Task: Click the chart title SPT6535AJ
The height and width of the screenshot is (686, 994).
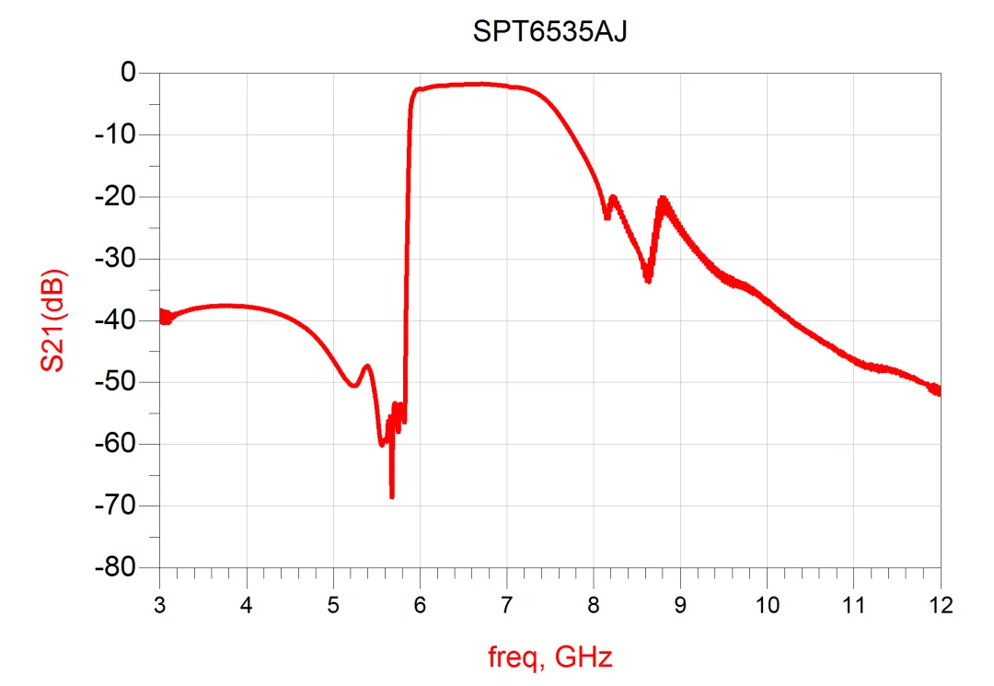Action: coord(549,32)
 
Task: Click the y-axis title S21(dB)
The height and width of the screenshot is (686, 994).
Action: coord(52,320)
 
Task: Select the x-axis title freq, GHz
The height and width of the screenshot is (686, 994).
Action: coord(549,657)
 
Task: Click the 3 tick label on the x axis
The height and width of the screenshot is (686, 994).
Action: coord(159,605)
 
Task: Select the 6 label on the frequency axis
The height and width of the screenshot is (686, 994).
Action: coord(420,605)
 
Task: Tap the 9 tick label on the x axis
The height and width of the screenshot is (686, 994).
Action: coord(680,605)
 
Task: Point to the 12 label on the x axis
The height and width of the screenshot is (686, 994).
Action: coord(940,605)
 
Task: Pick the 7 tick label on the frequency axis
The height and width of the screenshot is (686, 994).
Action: coord(506,605)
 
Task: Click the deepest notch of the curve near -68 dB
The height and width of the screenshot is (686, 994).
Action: coord(392,496)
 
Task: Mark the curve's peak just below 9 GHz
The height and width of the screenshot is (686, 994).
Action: coord(662,200)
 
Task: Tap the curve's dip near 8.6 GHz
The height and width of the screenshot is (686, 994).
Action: coord(648,280)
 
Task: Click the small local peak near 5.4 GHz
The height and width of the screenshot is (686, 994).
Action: coord(367,366)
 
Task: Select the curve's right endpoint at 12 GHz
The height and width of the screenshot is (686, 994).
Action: coord(939,390)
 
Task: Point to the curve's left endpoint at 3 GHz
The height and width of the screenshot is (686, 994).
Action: coord(161,316)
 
